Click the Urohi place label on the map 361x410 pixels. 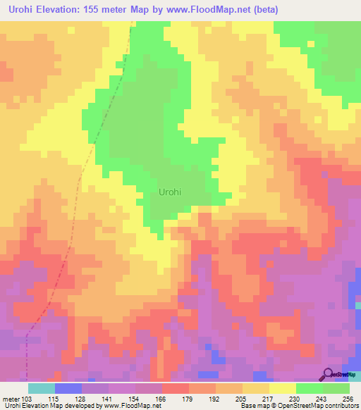click(173, 192)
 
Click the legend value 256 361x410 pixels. click(348, 398)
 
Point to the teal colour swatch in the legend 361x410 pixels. click(42, 388)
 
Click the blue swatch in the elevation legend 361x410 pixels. click(68, 388)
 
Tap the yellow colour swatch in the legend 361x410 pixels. click(283, 388)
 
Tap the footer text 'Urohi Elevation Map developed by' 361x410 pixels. click(42, 406)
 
